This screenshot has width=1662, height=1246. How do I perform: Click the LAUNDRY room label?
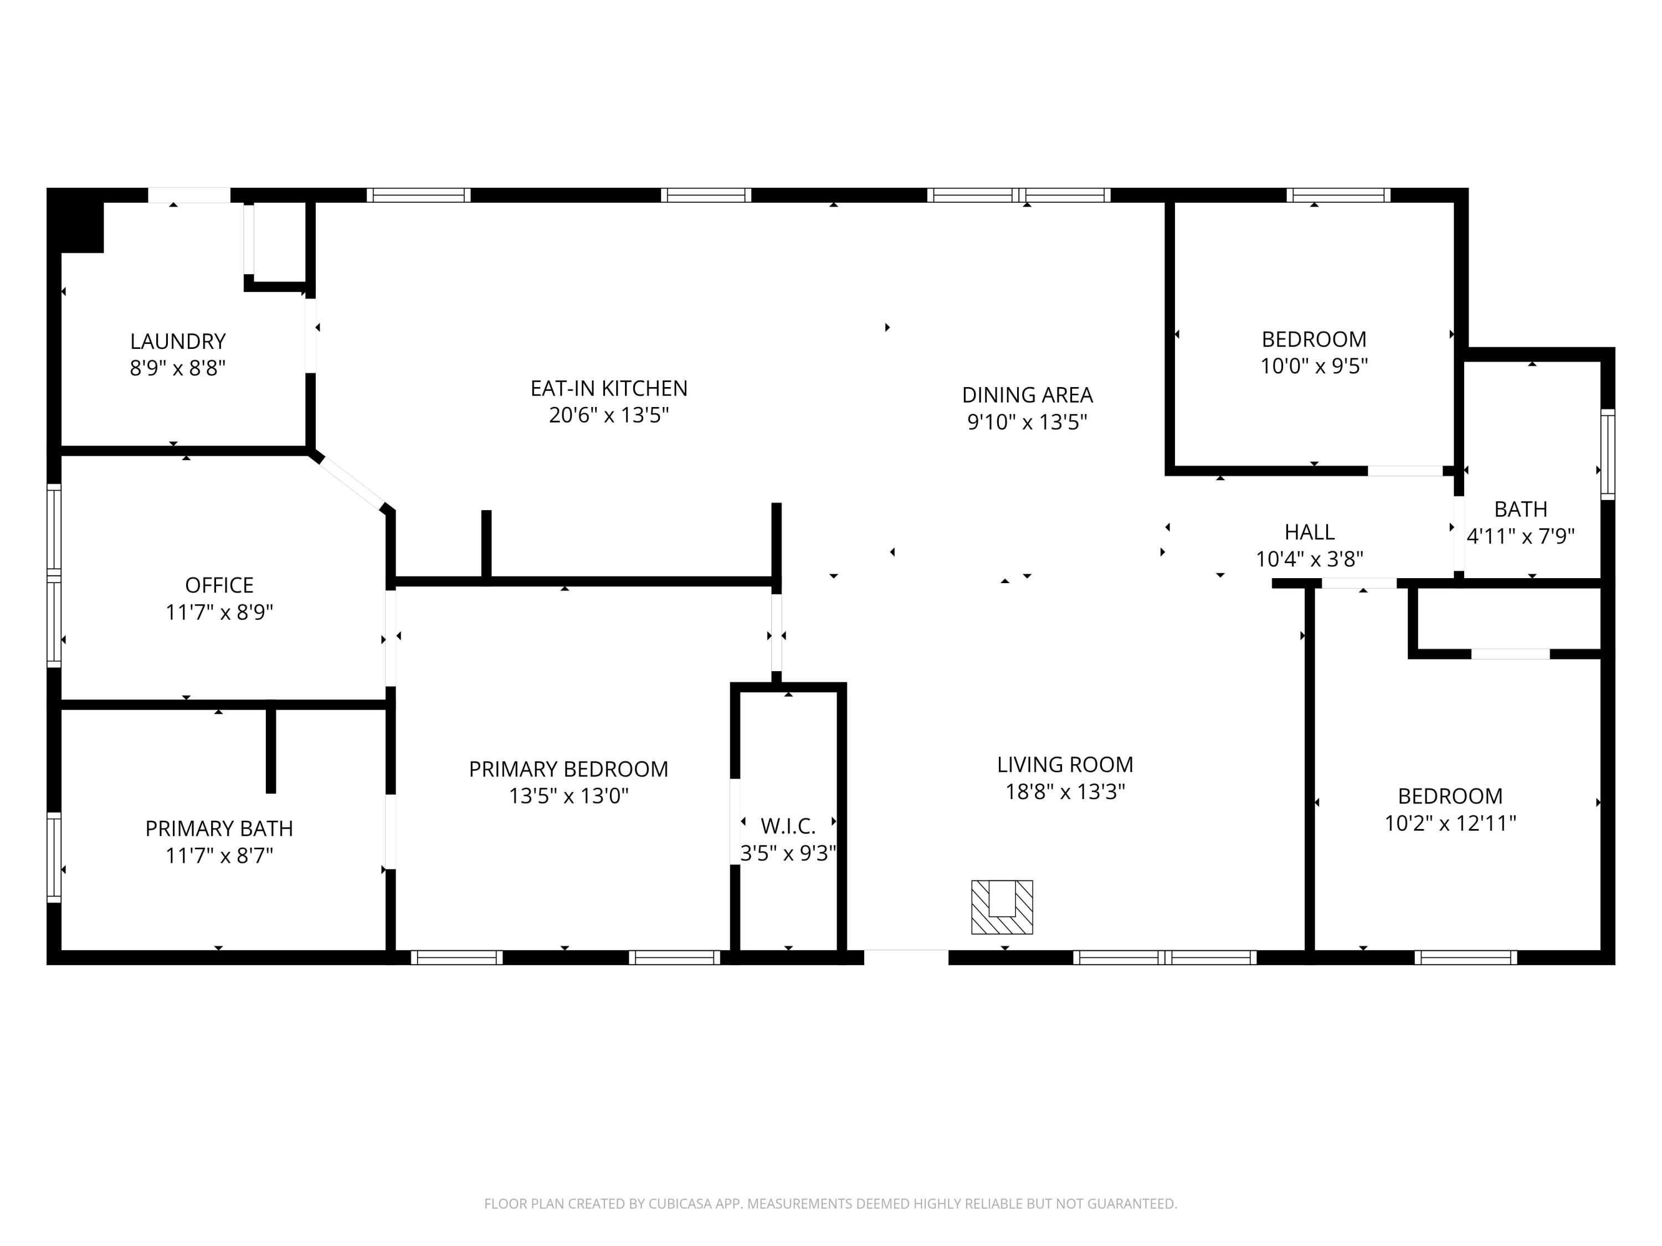pyautogui.click(x=177, y=342)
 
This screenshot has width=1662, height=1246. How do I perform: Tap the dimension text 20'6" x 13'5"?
pyautogui.click(x=609, y=415)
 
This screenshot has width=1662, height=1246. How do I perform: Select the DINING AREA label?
pyautogui.click(x=1027, y=395)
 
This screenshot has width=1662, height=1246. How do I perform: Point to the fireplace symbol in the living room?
pyautogui.click(x=1002, y=907)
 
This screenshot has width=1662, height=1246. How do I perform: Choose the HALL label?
pyautogui.click(x=1309, y=533)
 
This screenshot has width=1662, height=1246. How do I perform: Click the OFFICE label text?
pyautogui.click(x=219, y=585)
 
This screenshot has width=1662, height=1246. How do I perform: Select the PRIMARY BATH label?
pyautogui.click(x=219, y=828)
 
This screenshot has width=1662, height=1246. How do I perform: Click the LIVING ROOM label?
pyautogui.click(x=1065, y=765)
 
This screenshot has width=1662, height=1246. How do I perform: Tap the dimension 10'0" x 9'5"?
pyautogui.click(x=1314, y=367)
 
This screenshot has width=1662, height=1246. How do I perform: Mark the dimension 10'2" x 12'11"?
pyautogui.click(x=1450, y=824)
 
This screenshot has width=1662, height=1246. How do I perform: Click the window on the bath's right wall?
pyautogui.click(x=1607, y=455)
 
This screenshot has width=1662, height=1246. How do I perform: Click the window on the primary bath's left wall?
pyautogui.click(x=53, y=857)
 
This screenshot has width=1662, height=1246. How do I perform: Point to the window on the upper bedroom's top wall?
pyautogui.click(x=1338, y=195)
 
